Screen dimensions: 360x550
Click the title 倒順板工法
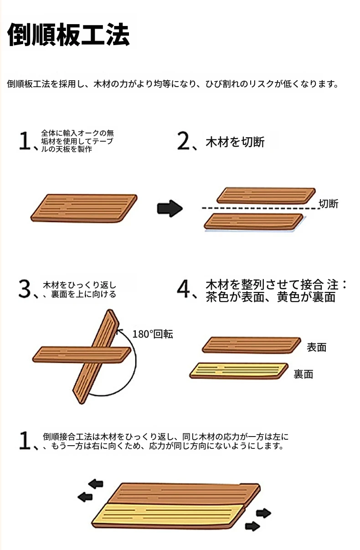pos(68,35)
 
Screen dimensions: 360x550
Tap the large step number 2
pos(184,141)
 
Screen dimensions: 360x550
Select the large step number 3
pos(25,288)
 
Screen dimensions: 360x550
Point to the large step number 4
pos(184,288)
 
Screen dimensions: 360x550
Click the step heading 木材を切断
pos(235,142)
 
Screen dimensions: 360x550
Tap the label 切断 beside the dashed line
pos(328,204)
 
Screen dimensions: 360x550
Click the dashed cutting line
pos(261,208)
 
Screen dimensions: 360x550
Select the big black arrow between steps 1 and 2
pos(170,208)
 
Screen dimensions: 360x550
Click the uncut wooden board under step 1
pos(84,208)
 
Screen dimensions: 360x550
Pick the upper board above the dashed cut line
pos(266,195)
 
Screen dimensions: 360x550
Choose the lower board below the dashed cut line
pos(254,221)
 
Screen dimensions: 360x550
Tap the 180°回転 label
pos(153,334)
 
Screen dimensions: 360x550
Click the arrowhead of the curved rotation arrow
pos(119,332)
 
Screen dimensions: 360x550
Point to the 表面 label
pos(316,347)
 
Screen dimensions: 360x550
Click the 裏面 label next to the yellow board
pos(303,375)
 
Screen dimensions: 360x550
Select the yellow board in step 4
pos(239,371)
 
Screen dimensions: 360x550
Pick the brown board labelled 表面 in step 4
pos(252,345)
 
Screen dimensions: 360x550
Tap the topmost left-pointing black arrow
pos(96,484)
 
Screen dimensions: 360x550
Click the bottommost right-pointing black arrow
pos(252,526)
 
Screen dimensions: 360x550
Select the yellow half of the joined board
pos(169,515)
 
